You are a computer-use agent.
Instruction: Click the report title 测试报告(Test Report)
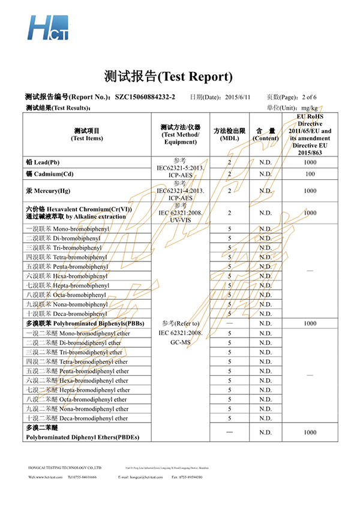167,77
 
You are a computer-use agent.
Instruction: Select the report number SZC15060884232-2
145,97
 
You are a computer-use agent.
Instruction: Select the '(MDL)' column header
230,138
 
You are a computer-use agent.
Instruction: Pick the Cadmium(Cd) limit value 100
310,174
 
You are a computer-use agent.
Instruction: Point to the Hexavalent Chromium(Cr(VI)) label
87,209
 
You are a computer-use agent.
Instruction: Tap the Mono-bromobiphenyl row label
67,228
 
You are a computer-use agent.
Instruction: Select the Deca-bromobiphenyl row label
67,314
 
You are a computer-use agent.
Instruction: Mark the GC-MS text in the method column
181,342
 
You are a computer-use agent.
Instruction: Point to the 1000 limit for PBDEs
310,432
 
